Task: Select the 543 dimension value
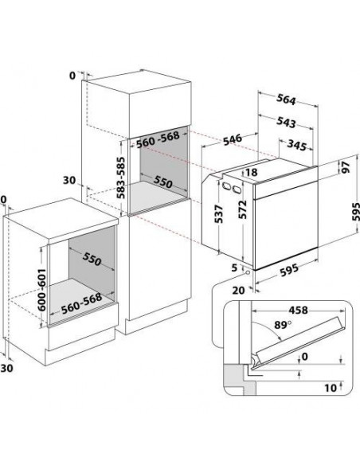pyautogui.click(x=286, y=122)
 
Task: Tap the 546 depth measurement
pyautogui.click(x=233, y=139)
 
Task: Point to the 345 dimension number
pyautogui.click(x=296, y=145)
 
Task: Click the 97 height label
pyautogui.click(x=346, y=167)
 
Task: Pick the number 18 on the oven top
pyautogui.click(x=252, y=172)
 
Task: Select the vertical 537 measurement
pyautogui.click(x=218, y=214)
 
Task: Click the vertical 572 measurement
pyautogui.click(x=243, y=209)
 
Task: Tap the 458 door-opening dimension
pyautogui.click(x=299, y=311)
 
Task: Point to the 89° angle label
pyautogui.click(x=282, y=325)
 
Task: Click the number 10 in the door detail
pyautogui.click(x=331, y=388)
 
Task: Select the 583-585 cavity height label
pyautogui.click(x=120, y=178)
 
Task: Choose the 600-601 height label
pyautogui.click(x=41, y=290)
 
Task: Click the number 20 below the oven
pyautogui.click(x=238, y=291)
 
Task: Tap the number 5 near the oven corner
pyautogui.click(x=235, y=268)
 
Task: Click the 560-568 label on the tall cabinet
pyautogui.click(x=158, y=139)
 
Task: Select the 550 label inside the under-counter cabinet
pyautogui.click(x=92, y=259)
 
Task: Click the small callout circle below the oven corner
pyautogui.click(x=247, y=272)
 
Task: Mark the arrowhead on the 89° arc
pyautogui.click(x=279, y=338)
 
